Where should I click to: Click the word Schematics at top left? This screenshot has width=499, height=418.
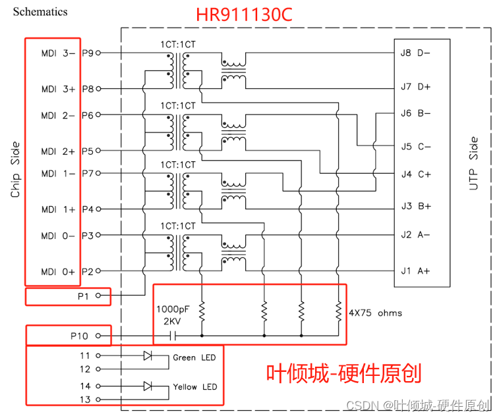40,11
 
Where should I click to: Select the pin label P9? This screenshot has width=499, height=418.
88,53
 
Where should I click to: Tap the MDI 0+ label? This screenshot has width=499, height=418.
58,271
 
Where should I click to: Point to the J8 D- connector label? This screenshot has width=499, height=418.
415,52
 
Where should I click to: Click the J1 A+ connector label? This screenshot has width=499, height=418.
415,271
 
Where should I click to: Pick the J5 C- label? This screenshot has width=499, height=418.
415,146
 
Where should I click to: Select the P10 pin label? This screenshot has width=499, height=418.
79,335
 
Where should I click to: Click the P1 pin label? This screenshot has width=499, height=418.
83,296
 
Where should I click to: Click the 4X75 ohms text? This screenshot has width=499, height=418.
375,313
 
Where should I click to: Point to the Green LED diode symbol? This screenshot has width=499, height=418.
148,355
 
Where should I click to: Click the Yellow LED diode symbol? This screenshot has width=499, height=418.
148,386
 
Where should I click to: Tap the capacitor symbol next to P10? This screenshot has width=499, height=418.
172,336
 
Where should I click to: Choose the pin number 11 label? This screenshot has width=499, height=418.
86,355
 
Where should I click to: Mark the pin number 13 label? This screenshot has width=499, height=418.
86,399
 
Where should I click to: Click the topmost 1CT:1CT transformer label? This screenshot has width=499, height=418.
177,44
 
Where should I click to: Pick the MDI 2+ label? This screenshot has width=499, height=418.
58,151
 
